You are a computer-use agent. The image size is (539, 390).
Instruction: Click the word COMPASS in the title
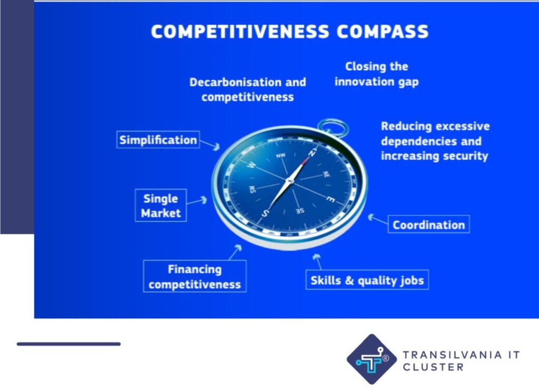click(382, 32)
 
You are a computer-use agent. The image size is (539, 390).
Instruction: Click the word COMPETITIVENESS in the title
click(240, 32)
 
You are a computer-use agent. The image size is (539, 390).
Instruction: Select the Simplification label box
click(158, 140)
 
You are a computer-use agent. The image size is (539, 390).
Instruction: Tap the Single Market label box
click(161, 206)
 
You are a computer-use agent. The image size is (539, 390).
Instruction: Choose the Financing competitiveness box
click(195, 276)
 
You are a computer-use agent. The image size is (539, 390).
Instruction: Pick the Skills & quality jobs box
click(367, 280)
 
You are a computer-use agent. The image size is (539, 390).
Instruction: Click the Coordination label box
click(428, 225)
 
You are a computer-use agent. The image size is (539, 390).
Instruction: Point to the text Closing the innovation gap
click(376, 74)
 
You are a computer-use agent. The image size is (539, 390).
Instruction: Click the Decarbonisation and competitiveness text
click(247, 90)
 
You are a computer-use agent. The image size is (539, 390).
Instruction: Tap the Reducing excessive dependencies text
click(435, 141)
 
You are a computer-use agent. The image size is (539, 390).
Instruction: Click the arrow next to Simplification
click(210, 145)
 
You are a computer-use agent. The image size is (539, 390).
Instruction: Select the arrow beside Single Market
click(197, 201)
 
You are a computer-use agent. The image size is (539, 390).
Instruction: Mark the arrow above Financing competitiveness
click(235, 252)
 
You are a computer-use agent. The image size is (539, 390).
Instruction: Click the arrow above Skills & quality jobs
click(317, 262)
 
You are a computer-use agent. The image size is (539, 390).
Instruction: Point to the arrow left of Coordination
click(378, 219)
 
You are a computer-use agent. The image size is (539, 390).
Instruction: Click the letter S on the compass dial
click(264, 213)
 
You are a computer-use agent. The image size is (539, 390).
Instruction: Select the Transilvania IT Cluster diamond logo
click(372, 359)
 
